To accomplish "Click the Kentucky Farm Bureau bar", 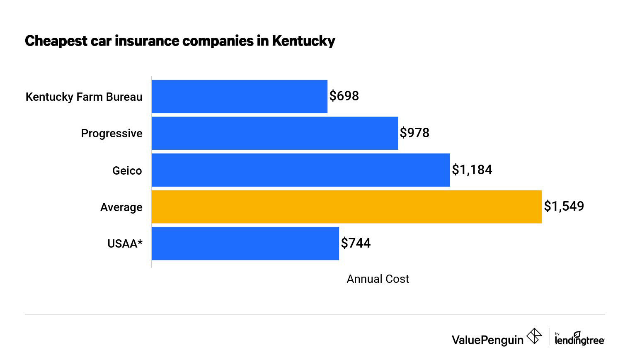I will pos(239,96).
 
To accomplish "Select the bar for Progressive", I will pos(274,133).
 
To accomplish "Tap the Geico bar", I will pos(300,170).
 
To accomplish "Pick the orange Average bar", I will pos(346,207).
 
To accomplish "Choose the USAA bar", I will pos(245,243).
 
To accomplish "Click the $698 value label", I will pos(344,96).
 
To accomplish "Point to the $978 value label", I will pos(414,133).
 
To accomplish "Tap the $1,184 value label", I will pos(472,170).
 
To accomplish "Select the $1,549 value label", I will pos(564,206).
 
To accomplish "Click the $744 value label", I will pos(356,243).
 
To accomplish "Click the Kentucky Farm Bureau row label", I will pos(84,97).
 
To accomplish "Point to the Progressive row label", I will pos(111,134).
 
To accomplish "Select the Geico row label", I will pos(127,170).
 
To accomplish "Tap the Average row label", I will pos(121,207).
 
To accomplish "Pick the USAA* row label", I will pos(125,243).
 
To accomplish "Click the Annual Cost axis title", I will pos(378,279).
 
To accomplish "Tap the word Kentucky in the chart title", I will pos(303,41).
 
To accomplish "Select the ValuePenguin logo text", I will pos(487,340).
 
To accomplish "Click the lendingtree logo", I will pos(579,339).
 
